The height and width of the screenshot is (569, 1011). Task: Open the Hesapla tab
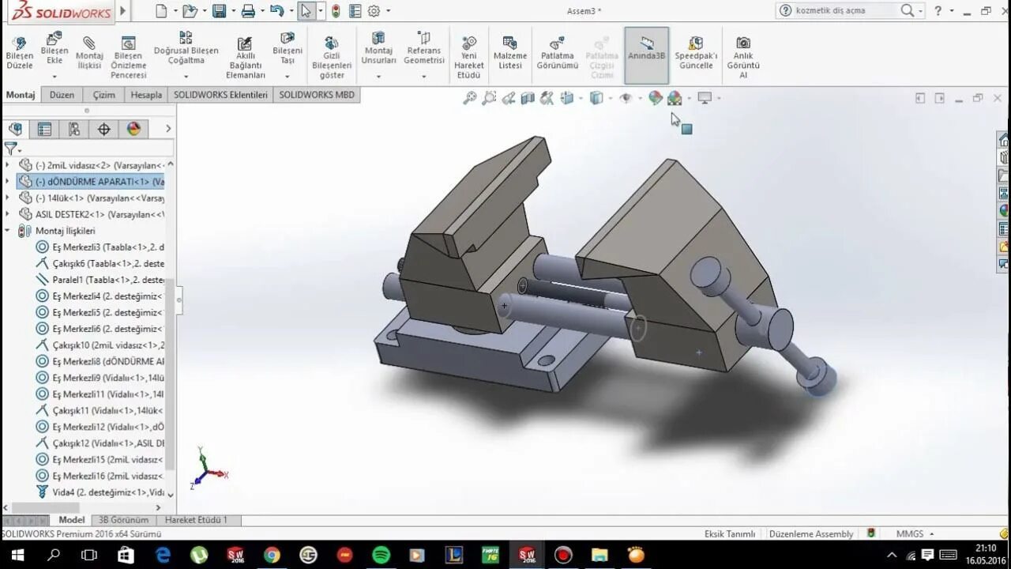(146, 95)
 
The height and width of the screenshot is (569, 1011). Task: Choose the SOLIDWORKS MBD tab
(317, 95)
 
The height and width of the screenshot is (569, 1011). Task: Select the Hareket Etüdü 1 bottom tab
(196, 520)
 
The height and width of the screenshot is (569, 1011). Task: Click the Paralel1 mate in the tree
(107, 280)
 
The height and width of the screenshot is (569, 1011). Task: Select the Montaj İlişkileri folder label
(65, 231)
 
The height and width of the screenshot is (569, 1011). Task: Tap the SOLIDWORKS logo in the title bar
(59, 11)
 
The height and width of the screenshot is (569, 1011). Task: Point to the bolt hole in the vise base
(545, 361)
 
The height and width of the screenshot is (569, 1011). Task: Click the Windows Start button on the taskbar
(17, 555)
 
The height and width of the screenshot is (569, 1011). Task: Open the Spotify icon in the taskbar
(381, 555)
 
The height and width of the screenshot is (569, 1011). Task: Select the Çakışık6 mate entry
(107, 263)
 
